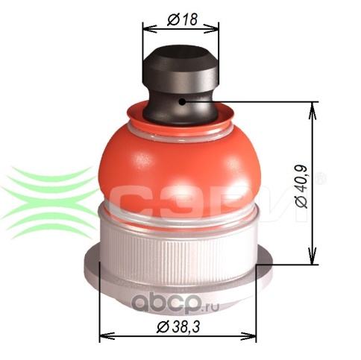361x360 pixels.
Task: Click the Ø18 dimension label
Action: click(x=182, y=19)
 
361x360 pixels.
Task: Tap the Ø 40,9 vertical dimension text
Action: click(x=302, y=186)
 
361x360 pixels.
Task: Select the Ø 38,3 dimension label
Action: click(x=178, y=326)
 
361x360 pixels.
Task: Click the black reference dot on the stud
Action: click(x=182, y=101)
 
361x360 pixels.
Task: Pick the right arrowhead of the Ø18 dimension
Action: click(x=212, y=28)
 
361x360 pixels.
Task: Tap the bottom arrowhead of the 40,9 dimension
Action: click(x=313, y=256)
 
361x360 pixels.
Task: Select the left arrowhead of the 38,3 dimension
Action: click(x=107, y=336)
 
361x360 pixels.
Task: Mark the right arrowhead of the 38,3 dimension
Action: click(x=248, y=336)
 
